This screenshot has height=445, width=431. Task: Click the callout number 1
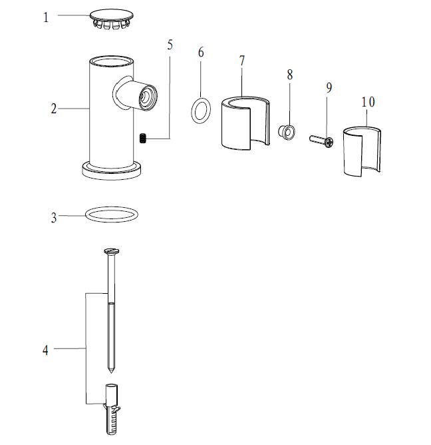click(x=46, y=17)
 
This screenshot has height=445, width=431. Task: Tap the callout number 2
click(x=54, y=109)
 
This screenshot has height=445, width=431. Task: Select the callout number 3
click(x=54, y=218)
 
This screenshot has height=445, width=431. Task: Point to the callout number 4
click(x=45, y=350)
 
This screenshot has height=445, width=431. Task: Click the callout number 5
click(x=170, y=45)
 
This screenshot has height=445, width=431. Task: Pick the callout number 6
click(x=201, y=53)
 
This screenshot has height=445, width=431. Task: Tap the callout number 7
click(x=241, y=61)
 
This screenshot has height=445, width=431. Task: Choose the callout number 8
click(x=289, y=75)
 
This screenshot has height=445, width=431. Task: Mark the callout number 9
click(x=329, y=87)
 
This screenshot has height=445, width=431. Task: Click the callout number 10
click(x=368, y=102)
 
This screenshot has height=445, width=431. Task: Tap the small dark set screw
click(x=143, y=138)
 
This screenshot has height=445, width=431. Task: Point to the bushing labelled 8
click(x=287, y=133)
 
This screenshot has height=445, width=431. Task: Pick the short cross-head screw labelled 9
click(x=321, y=140)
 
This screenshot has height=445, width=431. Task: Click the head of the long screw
click(x=111, y=251)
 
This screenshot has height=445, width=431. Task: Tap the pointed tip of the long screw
click(x=111, y=372)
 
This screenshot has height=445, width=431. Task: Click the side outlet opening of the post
click(x=148, y=97)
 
